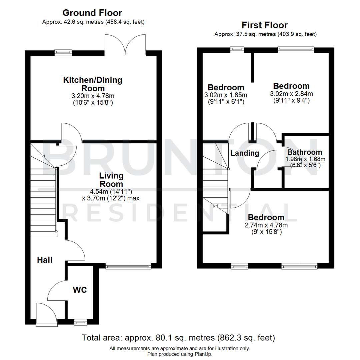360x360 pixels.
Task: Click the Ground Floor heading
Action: [x=93, y=13]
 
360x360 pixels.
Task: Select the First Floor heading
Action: [x=265, y=25]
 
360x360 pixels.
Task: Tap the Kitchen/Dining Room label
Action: [x=93, y=84]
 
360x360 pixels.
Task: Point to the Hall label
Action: [x=45, y=260]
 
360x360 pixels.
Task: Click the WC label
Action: [x=80, y=290]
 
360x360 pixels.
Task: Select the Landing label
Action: [x=245, y=153]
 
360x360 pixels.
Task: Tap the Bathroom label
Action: [x=305, y=152]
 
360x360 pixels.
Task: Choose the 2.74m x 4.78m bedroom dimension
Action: [x=266, y=225]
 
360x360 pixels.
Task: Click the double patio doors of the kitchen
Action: [x=125, y=45]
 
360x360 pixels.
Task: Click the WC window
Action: [x=80, y=322]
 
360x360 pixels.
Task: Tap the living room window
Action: [x=128, y=266]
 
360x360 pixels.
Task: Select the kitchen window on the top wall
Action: [x=63, y=52]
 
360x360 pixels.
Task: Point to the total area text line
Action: [x=178, y=338]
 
